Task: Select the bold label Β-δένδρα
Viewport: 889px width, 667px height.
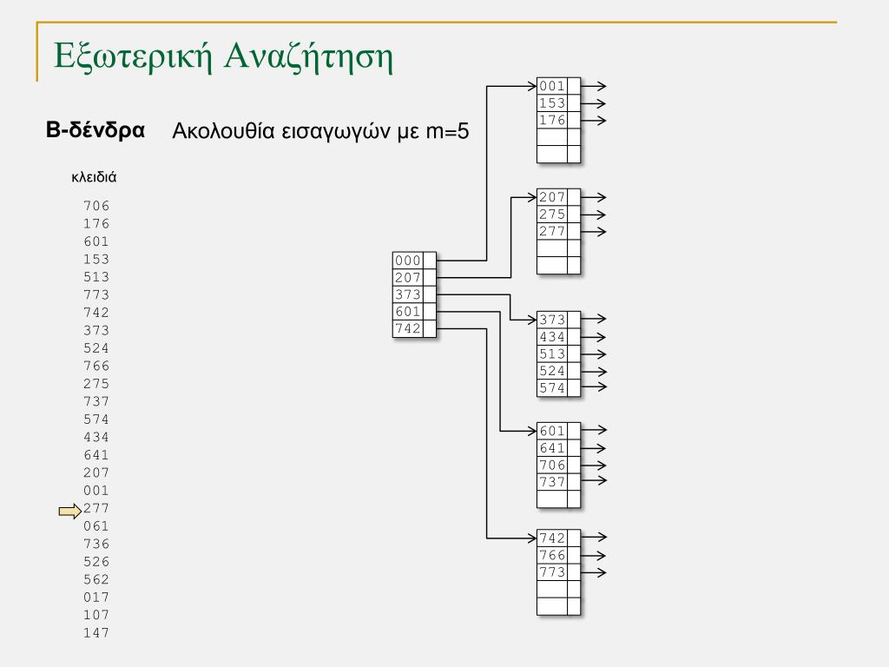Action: (x=95, y=131)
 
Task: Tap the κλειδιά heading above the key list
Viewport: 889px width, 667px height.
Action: (x=94, y=177)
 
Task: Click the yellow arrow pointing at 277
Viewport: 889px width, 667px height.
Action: (x=69, y=512)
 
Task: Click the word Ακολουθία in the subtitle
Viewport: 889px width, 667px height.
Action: (x=224, y=132)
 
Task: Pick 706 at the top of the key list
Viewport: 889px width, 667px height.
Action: (x=96, y=206)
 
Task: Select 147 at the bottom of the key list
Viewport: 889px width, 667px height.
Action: (x=96, y=632)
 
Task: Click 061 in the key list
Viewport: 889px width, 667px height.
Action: (x=96, y=525)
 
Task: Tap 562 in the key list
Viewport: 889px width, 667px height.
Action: (x=96, y=579)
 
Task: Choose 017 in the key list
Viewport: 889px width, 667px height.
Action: (x=96, y=597)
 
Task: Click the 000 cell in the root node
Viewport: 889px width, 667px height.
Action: (x=407, y=261)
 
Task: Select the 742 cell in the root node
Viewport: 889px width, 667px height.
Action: (x=407, y=328)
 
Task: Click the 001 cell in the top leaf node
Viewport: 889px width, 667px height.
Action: (x=552, y=86)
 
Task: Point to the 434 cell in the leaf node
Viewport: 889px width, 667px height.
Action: (x=552, y=337)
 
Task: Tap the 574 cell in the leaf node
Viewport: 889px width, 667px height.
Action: (x=552, y=388)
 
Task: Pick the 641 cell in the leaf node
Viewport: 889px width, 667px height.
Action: (x=552, y=448)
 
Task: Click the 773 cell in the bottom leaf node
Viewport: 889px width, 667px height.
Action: (x=552, y=572)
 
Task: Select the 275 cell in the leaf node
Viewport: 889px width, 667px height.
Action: (x=552, y=215)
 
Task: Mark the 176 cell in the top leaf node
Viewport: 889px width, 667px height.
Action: (x=552, y=120)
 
